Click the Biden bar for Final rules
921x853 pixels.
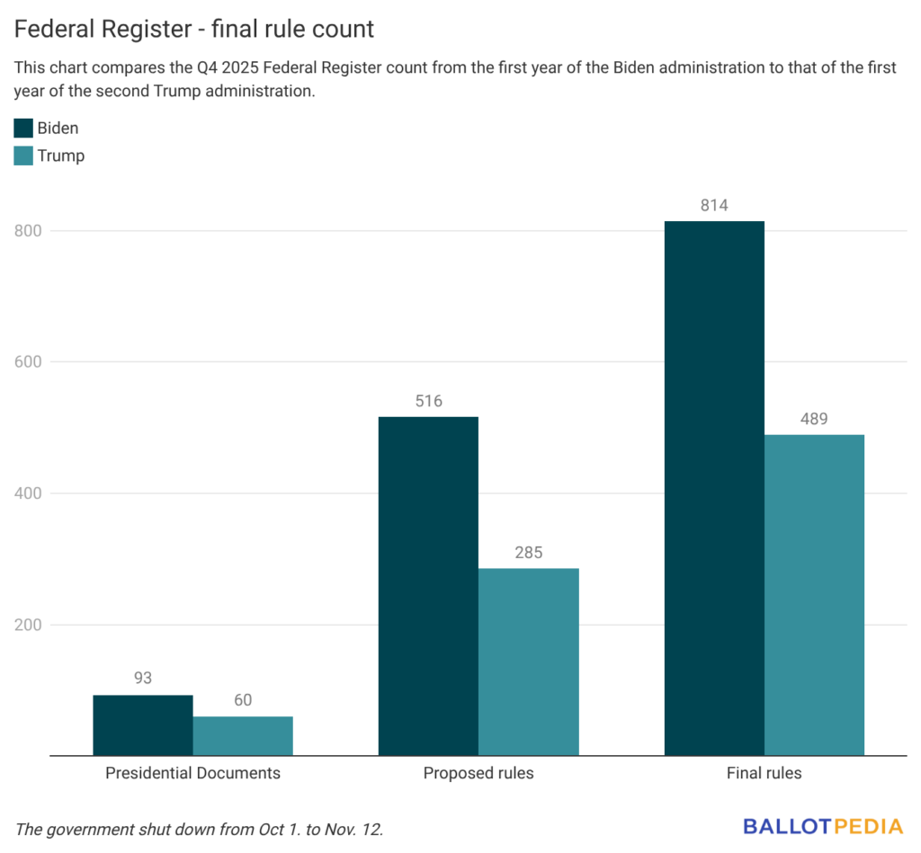[714, 488]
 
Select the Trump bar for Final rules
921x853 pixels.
[814, 595]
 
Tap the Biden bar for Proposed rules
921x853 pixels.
[428, 586]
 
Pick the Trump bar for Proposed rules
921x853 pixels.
[528, 662]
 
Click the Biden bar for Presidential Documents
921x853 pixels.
[143, 724]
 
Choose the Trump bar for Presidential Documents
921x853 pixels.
[243, 735]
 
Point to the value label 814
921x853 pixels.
[714, 206]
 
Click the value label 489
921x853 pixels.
[814, 419]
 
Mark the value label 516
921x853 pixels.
[428, 401]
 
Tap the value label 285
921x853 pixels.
[528, 553]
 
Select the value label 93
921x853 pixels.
[143, 679]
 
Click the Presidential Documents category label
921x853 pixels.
[192, 773]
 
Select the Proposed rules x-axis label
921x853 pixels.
[478, 773]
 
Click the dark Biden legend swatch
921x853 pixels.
[23, 128]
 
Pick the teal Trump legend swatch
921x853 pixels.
[23, 155]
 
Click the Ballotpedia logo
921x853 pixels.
[822, 826]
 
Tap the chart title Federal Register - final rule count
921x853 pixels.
[193, 29]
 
